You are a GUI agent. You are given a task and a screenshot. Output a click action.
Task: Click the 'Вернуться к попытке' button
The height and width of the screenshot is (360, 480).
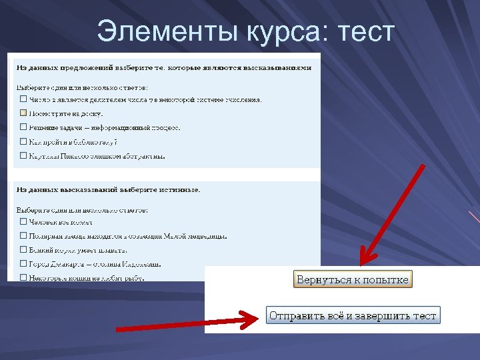(352, 279)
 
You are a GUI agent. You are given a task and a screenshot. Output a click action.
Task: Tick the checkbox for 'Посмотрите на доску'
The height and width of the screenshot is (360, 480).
(23, 113)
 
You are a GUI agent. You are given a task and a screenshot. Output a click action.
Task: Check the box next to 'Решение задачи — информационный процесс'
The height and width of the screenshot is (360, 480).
(23, 127)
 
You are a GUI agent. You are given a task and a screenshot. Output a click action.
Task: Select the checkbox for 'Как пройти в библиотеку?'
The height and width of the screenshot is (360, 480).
(23, 142)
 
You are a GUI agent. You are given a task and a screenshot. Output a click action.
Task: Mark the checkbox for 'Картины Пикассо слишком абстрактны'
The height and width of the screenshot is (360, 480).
(23, 156)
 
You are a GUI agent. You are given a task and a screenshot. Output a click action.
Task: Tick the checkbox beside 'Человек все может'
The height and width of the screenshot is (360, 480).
(23, 222)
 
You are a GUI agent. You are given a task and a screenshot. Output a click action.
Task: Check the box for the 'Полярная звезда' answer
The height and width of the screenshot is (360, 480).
(23, 236)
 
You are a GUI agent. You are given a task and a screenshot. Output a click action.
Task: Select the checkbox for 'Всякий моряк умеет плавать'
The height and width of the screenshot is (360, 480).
(23, 250)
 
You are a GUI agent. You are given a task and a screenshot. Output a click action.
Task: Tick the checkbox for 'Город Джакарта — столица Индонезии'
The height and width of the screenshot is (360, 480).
(23, 264)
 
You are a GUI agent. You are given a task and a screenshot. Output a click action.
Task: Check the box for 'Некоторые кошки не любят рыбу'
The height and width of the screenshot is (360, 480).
(23, 277)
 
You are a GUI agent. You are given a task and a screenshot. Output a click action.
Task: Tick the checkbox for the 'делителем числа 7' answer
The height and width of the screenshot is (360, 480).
(23, 99)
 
